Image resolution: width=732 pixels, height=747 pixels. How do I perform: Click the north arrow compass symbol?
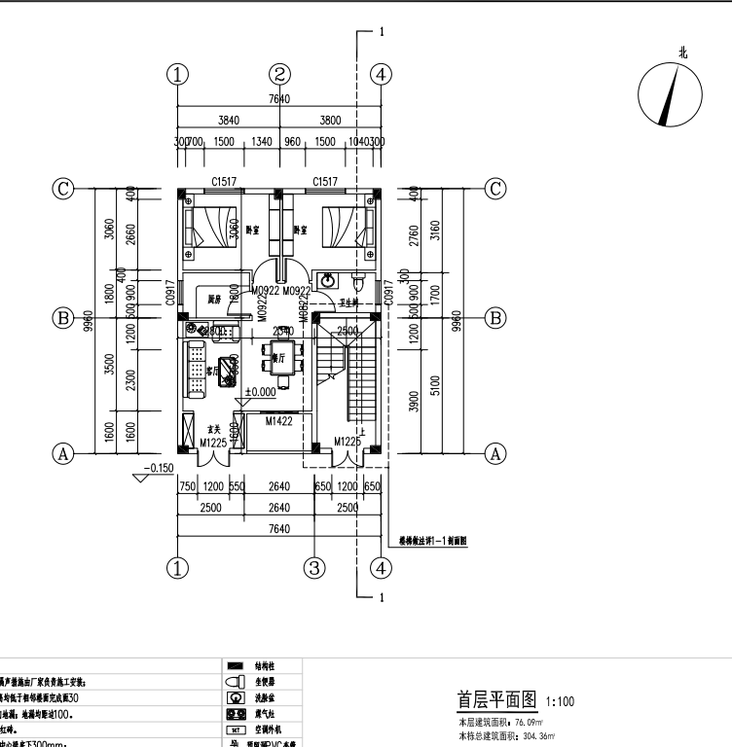tap(669, 96)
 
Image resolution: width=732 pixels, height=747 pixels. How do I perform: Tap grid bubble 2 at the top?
tap(280, 74)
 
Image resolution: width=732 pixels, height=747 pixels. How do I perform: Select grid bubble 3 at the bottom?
tap(313, 568)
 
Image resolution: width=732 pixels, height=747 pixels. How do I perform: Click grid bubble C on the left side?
tap(64, 189)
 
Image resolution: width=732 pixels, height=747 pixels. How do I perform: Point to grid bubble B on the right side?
tap(495, 317)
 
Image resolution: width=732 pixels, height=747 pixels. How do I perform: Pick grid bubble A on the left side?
tap(64, 453)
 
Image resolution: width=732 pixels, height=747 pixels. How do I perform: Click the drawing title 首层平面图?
tap(497, 700)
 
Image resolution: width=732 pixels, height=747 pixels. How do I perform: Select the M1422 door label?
tap(280, 420)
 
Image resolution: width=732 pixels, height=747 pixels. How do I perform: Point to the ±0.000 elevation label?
tap(260, 392)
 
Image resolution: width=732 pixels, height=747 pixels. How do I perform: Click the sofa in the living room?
tap(193, 370)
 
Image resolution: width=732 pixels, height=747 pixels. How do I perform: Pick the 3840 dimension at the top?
tap(229, 122)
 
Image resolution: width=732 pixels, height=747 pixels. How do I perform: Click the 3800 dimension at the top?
tap(331, 122)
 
